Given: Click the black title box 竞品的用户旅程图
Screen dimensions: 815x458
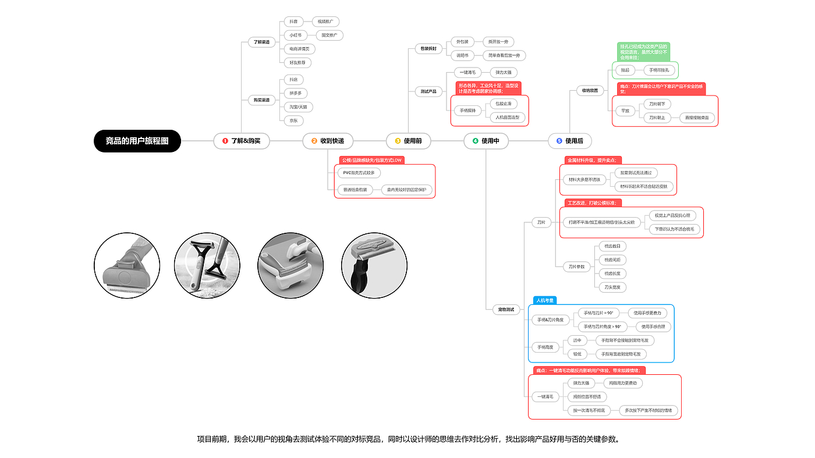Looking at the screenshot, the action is point(137,141).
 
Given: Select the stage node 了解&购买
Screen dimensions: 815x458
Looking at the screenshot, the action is point(242,141).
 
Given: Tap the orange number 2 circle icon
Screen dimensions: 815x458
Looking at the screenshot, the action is point(314,141).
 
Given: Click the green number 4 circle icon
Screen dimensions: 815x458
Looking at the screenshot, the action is point(475,141).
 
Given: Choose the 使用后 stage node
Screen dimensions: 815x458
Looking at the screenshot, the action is point(573,141).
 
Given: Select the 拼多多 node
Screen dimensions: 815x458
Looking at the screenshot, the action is point(295,93).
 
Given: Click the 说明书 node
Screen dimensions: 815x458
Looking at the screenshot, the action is point(462,55).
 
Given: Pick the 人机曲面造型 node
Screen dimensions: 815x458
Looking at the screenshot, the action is point(508,117).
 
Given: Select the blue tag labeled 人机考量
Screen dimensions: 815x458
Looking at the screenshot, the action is point(545,300).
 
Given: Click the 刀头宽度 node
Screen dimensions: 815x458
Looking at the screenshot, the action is point(612,287).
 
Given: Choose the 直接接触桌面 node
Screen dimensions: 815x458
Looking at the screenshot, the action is point(697,118).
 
